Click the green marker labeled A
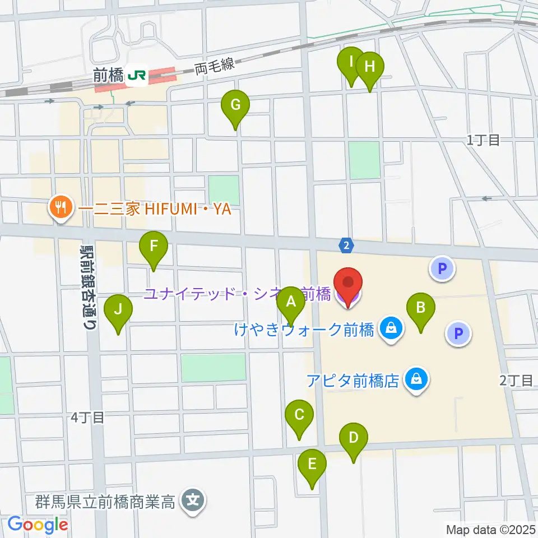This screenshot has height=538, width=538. pos(291,305)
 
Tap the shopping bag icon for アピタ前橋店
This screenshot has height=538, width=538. pos(417,381)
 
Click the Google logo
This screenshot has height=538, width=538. pos(38,525)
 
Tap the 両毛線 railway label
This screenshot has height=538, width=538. pos(214,68)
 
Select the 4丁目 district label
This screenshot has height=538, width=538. pos(89,418)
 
